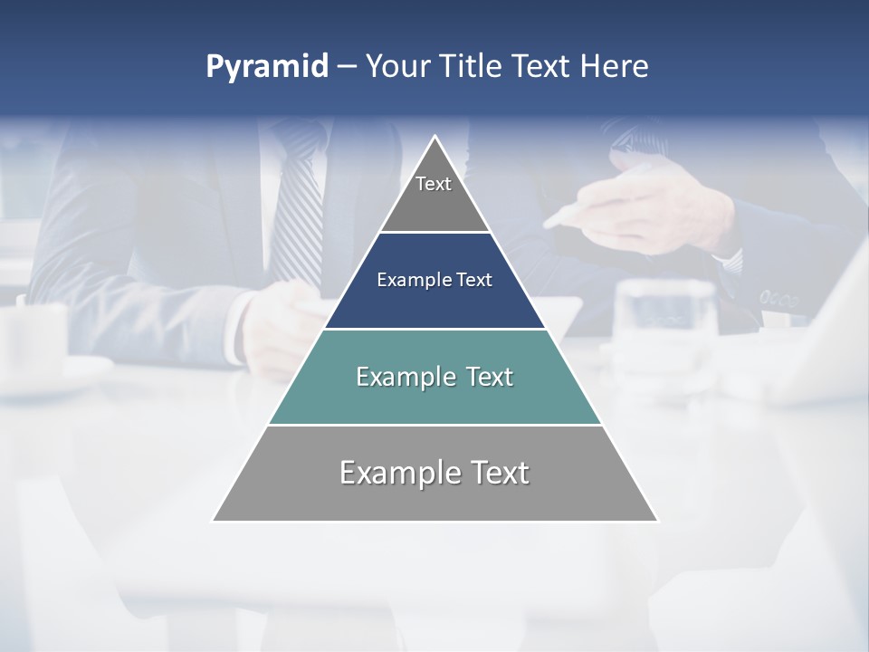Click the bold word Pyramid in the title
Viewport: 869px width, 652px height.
coord(267,67)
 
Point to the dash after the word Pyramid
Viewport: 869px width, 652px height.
coord(347,67)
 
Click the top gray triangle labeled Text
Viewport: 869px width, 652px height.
coord(434,195)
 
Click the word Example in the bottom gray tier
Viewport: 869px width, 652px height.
coord(400,473)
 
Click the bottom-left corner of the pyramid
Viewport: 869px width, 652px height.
coord(215,520)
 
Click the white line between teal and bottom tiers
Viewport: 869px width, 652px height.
coord(434,425)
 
